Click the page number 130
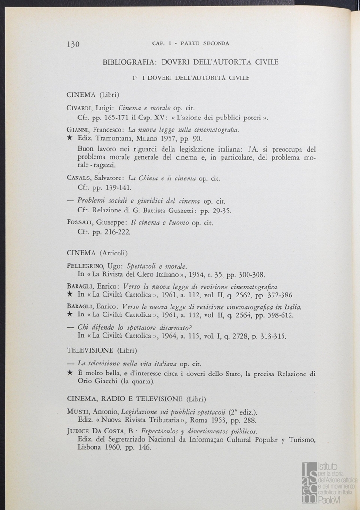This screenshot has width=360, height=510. (73, 44)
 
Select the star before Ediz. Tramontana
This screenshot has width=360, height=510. (69, 138)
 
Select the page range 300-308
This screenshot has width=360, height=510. (249, 274)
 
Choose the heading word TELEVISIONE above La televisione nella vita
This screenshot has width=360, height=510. (90, 350)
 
